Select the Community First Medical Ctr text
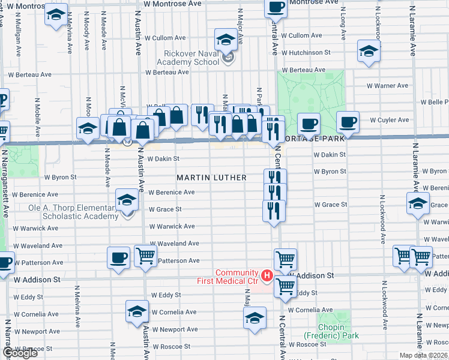tap(228, 277)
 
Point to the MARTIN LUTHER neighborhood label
tap(211, 178)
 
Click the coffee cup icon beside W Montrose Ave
tap(276, 7)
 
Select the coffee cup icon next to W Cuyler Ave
tap(348, 122)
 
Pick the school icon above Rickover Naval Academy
tap(226, 41)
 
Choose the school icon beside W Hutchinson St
tap(367, 51)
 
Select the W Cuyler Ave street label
tap(389, 120)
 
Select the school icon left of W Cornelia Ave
tap(137, 311)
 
